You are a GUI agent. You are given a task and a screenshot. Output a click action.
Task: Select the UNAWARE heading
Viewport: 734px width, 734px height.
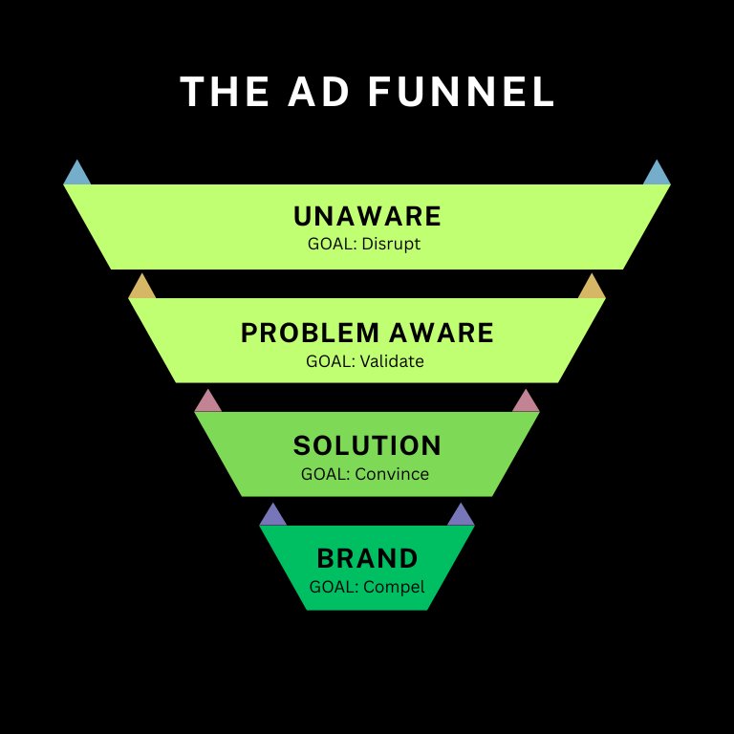pos(367,216)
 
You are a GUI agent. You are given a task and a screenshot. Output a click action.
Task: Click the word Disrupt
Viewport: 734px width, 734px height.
pos(391,244)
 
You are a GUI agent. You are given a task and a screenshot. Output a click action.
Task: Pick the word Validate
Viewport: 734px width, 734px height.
pos(392,362)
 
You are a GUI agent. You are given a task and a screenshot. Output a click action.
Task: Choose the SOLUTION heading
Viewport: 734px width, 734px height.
pos(367,445)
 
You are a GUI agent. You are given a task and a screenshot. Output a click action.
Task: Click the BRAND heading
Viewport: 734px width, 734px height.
pos(367,558)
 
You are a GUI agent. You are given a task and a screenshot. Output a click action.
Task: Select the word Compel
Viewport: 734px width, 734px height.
pos(394,587)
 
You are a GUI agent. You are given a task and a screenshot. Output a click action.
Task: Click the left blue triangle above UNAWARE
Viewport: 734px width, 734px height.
pos(77,174)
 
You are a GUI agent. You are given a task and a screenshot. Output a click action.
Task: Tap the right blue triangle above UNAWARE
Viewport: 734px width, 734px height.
pos(657,174)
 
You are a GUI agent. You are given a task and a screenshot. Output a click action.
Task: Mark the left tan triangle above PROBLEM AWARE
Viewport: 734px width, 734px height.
pos(142,288)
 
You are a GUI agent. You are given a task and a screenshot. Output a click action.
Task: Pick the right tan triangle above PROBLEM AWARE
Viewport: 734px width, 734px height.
pos(592,288)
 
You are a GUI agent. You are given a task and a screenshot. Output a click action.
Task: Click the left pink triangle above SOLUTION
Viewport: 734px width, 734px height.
pos(208,401)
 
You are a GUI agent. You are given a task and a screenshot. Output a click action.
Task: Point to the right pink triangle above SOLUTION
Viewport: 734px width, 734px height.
pos(526,401)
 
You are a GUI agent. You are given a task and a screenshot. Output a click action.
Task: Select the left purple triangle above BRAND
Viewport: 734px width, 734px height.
pos(273,515)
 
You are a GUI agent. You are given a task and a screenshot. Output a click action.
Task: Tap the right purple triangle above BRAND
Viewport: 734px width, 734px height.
pos(461,515)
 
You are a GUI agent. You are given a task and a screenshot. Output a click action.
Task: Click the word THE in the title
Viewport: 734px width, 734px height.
pos(219,93)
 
